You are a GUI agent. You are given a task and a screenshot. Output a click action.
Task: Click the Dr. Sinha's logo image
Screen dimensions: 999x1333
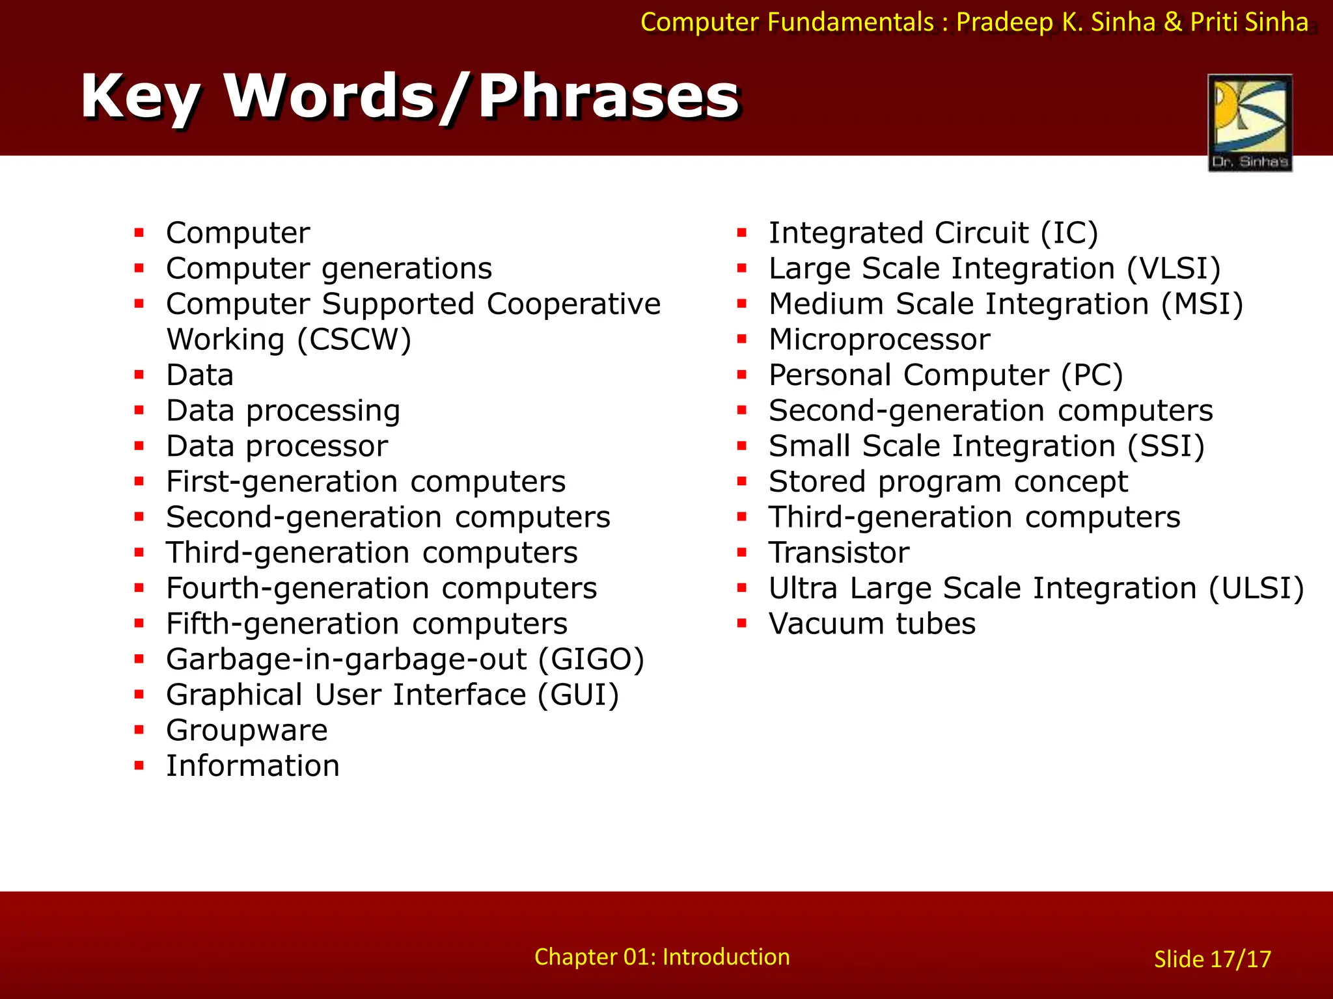click(x=1250, y=122)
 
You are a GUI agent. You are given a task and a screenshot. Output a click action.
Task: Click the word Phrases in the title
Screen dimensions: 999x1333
click(x=609, y=96)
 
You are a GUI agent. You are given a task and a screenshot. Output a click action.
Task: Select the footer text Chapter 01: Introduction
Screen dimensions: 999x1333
click(x=662, y=957)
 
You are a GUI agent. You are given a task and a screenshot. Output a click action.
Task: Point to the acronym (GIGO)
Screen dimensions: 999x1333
click(x=591, y=659)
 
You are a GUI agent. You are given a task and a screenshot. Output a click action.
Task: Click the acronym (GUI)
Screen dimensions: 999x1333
click(x=578, y=695)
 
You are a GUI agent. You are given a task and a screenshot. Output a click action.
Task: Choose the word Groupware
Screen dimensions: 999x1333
click(x=247, y=730)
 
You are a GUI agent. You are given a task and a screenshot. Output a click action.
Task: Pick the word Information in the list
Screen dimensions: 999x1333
click(x=253, y=766)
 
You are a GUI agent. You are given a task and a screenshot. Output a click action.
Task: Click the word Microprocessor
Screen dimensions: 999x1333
click(x=879, y=340)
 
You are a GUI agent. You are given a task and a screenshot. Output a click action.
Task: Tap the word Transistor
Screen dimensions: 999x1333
click(x=839, y=553)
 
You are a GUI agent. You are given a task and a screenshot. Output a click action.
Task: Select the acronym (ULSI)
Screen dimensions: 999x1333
click(x=1256, y=589)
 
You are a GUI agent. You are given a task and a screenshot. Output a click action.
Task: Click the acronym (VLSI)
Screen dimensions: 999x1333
click(x=1174, y=269)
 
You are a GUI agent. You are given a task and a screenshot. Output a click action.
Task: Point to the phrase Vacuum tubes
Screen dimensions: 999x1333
click(x=872, y=624)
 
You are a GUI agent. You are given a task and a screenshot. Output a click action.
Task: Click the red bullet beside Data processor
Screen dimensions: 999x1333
click(x=139, y=446)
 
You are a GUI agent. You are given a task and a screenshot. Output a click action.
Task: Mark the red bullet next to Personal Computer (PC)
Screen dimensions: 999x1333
click(x=741, y=375)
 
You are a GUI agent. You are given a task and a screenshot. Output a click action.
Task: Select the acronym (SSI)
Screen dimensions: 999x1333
click(x=1166, y=446)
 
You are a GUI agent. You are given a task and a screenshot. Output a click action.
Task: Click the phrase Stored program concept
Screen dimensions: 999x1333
click(x=948, y=482)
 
